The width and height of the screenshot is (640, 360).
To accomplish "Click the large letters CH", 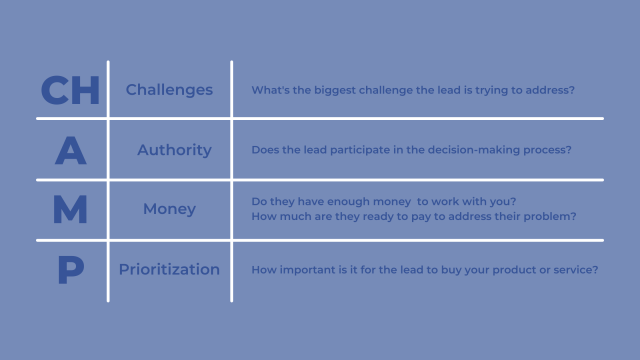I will point(70,90).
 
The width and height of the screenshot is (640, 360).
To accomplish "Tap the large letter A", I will point(70,150).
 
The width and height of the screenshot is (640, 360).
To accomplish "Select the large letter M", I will point(70,210).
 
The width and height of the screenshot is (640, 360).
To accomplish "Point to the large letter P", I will point(70,269).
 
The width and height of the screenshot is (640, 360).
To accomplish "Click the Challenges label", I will point(169,90).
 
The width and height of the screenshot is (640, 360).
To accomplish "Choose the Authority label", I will point(174,150).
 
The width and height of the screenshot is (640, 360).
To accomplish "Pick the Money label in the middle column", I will point(169,210).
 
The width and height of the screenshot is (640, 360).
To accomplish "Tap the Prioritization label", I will point(169,269).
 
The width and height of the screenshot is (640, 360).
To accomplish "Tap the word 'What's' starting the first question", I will point(270,91).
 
